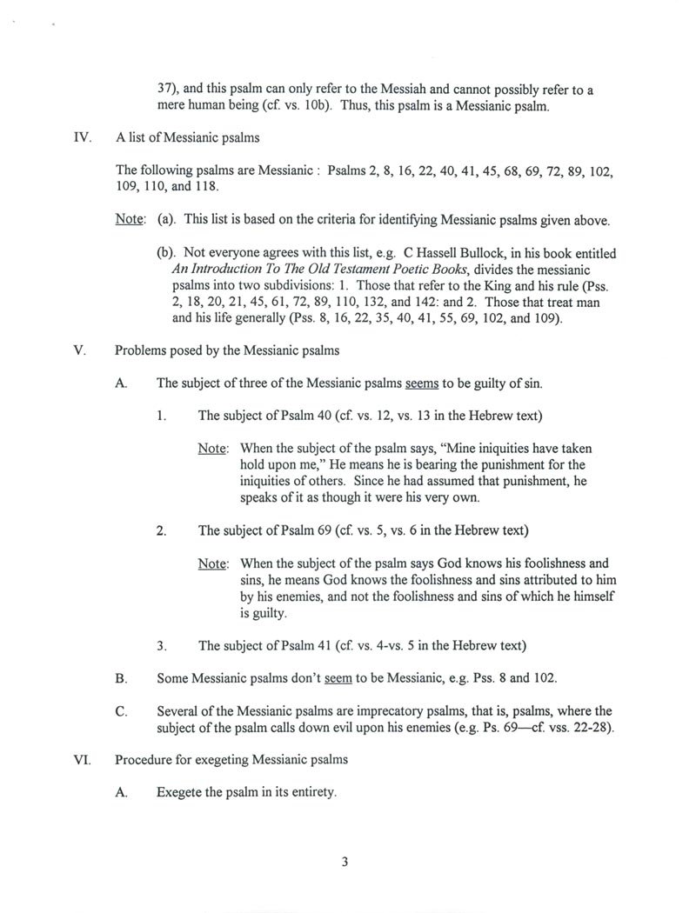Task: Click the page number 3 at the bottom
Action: tap(345, 863)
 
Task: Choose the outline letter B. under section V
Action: tap(122, 677)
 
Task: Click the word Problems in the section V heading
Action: tap(141, 351)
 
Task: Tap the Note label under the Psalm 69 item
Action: tap(212, 563)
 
